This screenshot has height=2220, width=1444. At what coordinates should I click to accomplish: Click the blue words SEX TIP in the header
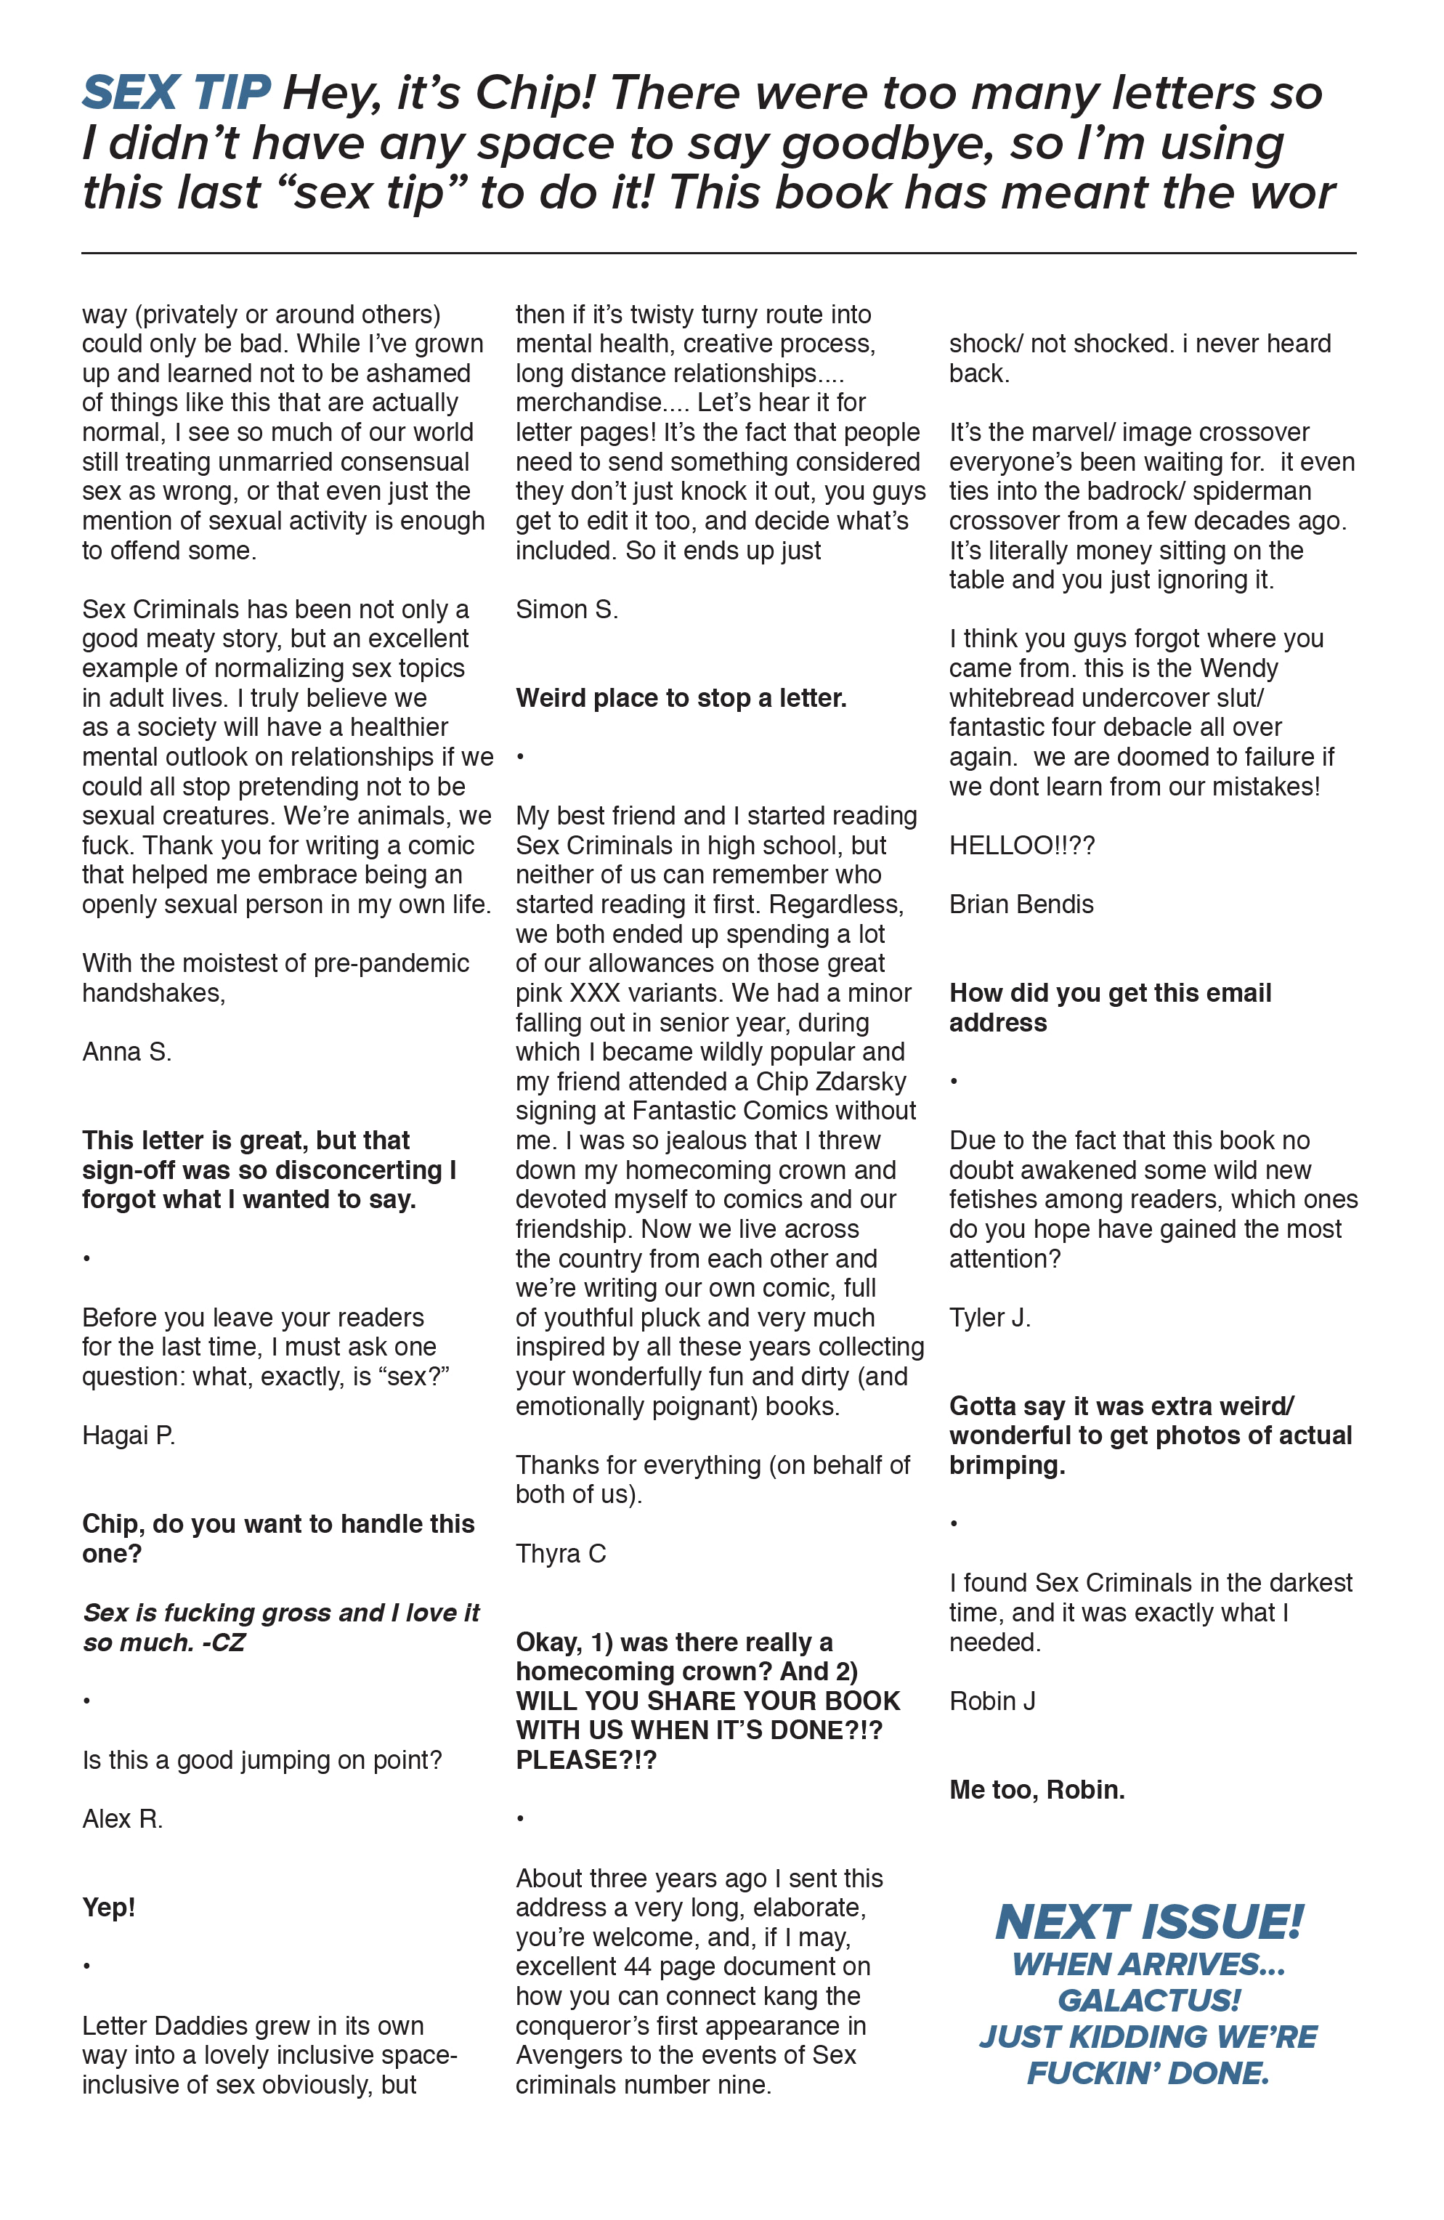point(177,93)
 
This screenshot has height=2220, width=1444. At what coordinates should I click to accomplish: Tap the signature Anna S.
point(127,1052)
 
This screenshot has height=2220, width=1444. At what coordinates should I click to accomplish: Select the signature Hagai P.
point(129,1435)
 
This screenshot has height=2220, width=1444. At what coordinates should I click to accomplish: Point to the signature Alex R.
point(122,1819)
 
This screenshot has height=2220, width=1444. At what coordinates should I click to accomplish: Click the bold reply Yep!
point(109,1908)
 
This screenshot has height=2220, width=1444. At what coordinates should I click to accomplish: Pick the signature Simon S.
point(567,610)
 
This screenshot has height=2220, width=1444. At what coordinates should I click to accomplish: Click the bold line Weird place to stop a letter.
point(681,699)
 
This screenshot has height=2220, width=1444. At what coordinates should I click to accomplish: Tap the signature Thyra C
point(561,1554)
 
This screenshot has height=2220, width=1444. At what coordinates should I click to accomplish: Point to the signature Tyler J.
point(990,1318)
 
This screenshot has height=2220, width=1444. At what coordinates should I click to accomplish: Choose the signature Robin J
point(992,1701)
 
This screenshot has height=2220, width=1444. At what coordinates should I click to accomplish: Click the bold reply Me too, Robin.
point(1037,1790)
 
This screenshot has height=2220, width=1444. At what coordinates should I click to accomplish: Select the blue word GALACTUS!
point(1149,2001)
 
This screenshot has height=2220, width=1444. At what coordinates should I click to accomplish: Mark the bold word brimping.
point(1007,1465)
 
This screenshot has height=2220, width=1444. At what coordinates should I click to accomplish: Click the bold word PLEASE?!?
point(587,1760)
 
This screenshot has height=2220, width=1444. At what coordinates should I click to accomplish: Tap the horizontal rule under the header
point(718,253)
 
